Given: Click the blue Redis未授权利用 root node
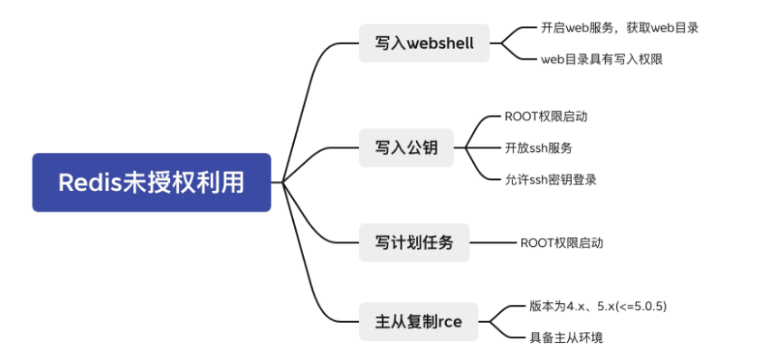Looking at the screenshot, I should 151,182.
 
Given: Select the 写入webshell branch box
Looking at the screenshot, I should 424,43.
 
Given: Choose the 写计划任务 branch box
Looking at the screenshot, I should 414,242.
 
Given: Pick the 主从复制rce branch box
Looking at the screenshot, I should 418,321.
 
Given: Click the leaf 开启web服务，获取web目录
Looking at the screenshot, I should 620,27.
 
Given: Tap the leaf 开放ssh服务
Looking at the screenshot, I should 538,147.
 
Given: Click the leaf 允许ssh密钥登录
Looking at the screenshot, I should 550,179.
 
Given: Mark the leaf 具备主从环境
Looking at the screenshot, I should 566,337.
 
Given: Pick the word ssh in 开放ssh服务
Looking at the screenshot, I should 541,147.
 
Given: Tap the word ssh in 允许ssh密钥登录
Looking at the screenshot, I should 541,179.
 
